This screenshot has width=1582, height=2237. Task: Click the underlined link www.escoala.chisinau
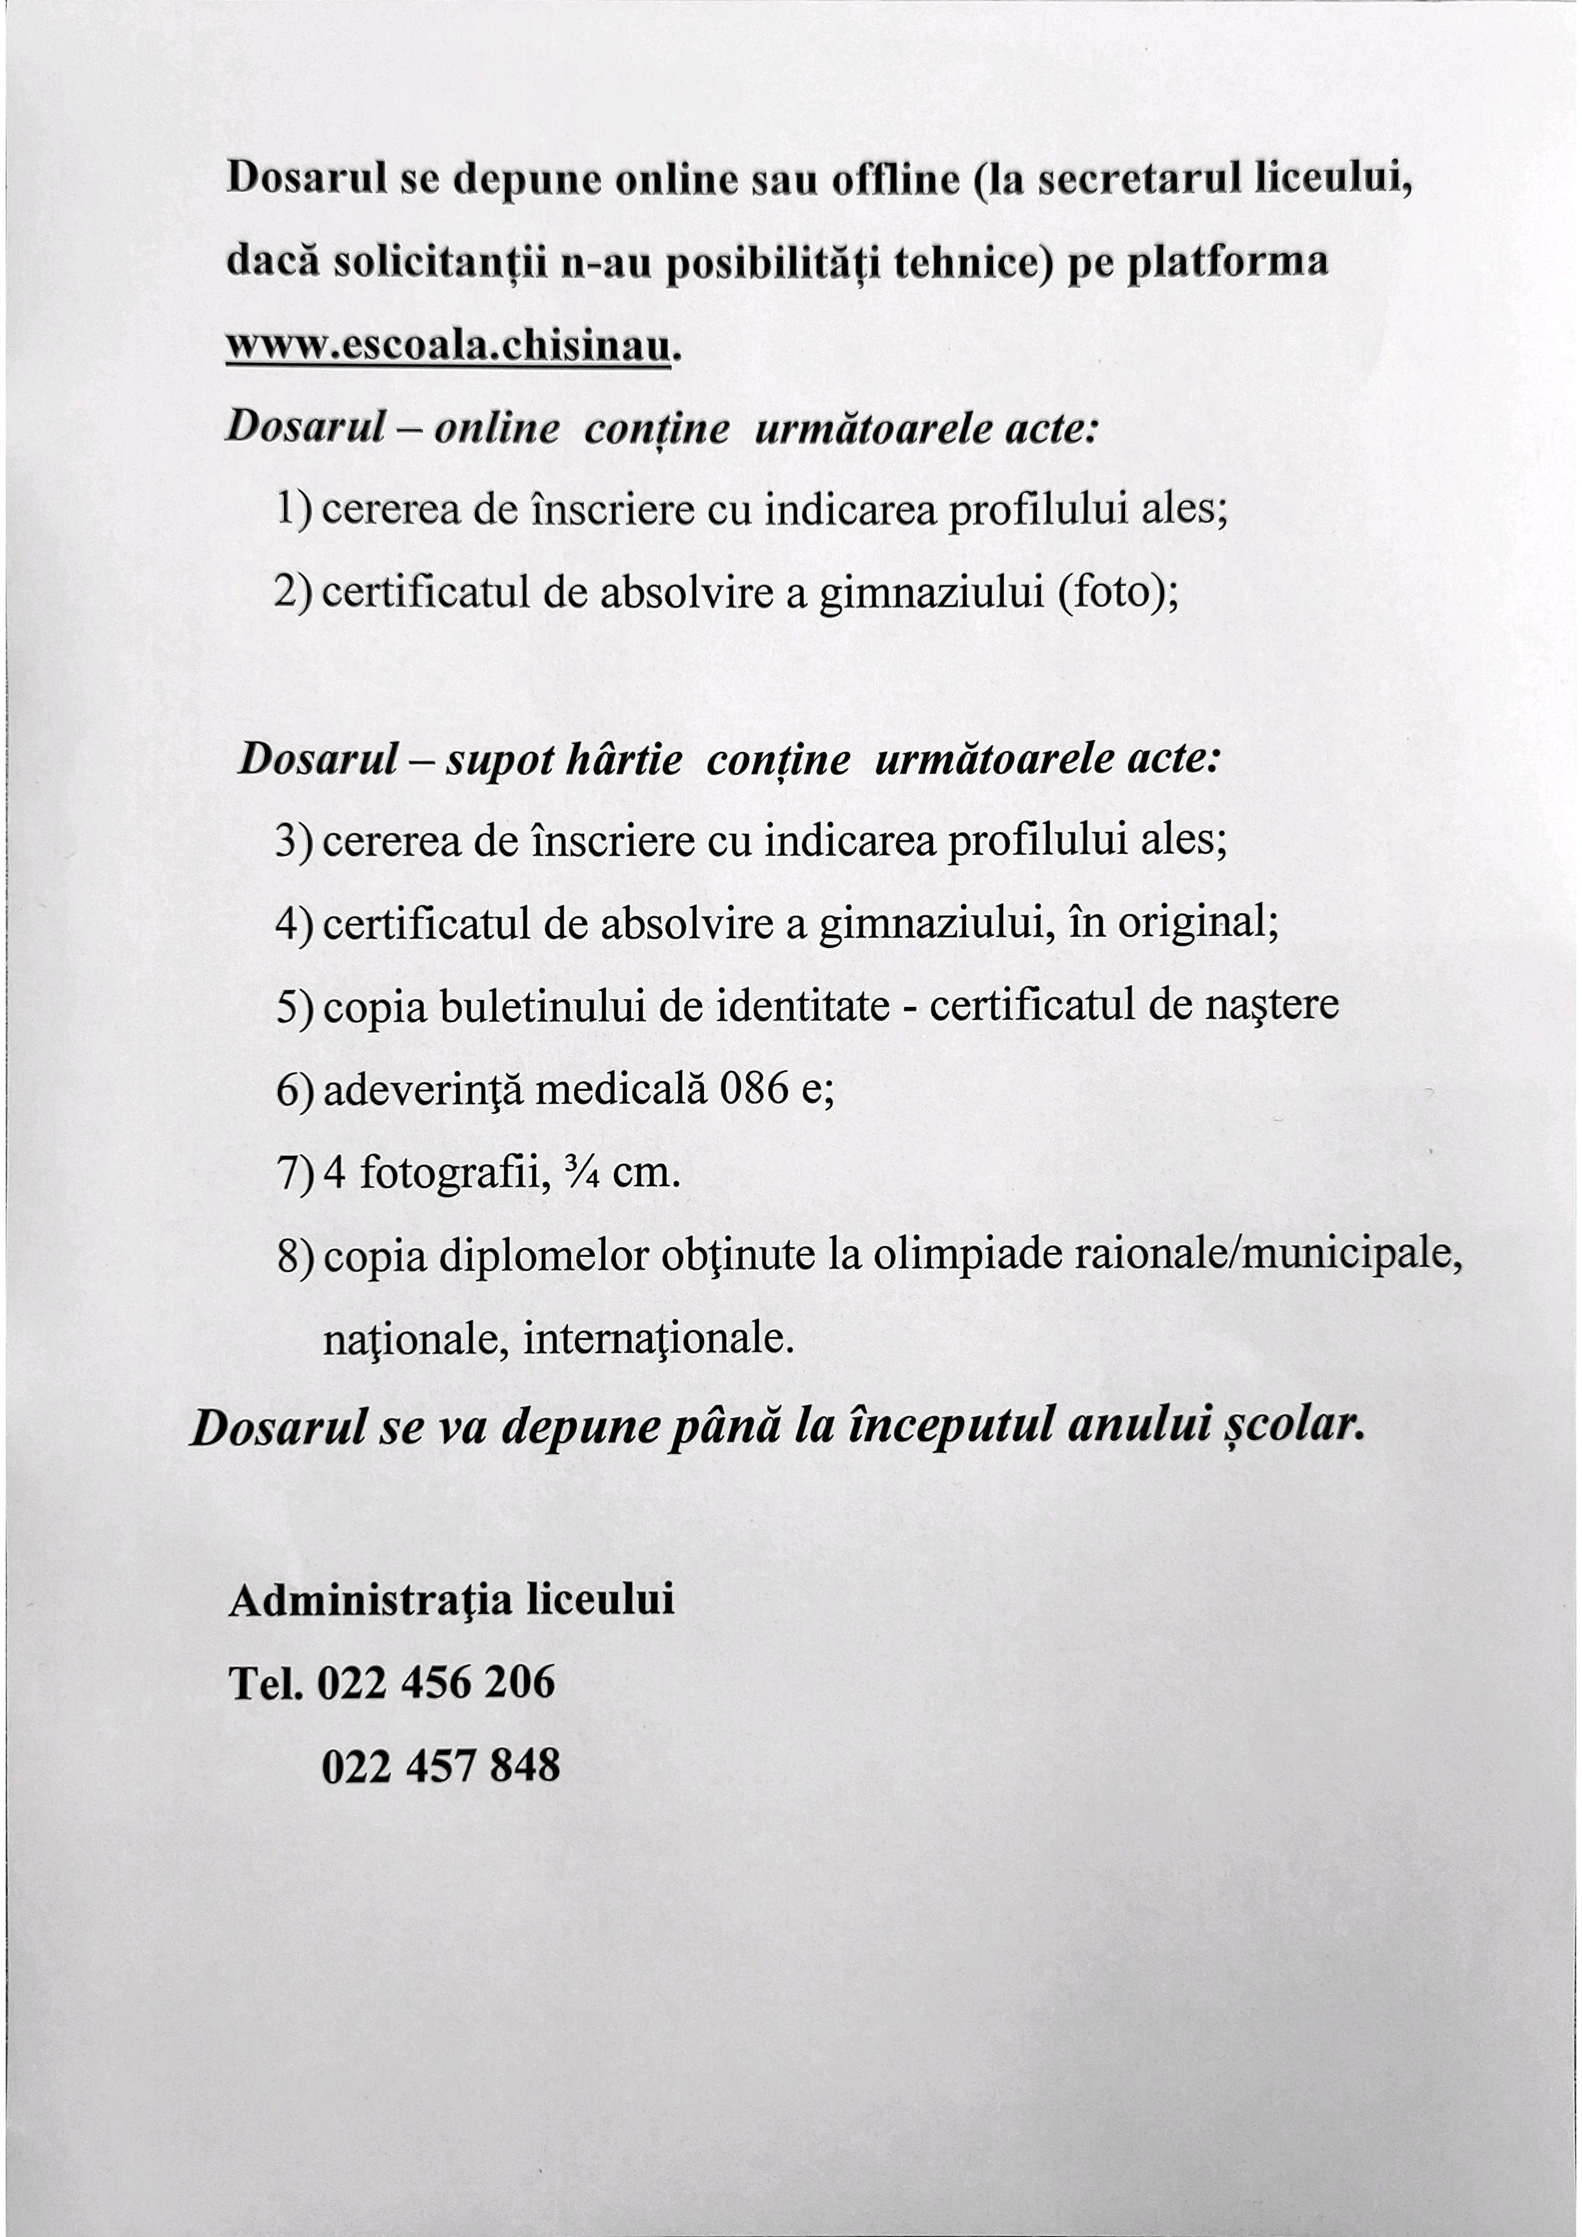coord(449,348)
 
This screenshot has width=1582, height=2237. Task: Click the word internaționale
coord(659,1340)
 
